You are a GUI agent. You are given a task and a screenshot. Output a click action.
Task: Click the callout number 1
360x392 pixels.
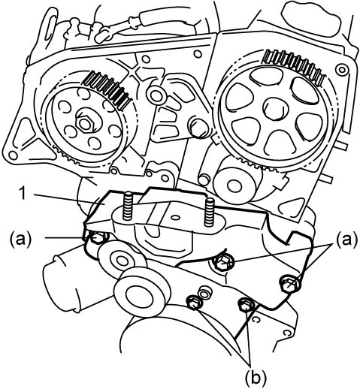pos(23,194)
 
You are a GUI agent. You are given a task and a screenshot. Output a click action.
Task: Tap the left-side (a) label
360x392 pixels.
pos(21,238)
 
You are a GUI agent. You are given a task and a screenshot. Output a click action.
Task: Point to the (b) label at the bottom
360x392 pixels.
pos(256,378)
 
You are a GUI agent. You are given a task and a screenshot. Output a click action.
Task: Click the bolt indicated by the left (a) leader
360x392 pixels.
pos(98,237)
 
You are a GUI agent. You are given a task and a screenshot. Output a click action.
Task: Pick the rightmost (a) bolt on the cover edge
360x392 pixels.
pos(289,284)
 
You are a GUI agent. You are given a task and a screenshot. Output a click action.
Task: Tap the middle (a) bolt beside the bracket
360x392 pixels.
pos(222,263)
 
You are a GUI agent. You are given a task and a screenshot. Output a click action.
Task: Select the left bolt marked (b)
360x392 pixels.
pos(195,303)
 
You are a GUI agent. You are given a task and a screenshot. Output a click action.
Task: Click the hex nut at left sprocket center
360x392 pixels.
pos(86,123)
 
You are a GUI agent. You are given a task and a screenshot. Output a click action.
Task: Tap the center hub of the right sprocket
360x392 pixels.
pos(274,110)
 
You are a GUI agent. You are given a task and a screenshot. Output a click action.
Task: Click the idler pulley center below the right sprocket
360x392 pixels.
pos(234,185)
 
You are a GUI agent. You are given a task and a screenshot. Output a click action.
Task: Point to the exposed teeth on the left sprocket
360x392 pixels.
pos(108,88)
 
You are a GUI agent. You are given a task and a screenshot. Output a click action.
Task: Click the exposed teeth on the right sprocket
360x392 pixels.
pos(295,66)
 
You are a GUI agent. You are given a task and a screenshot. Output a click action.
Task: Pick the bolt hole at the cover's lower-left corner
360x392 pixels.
pos(13,154)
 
